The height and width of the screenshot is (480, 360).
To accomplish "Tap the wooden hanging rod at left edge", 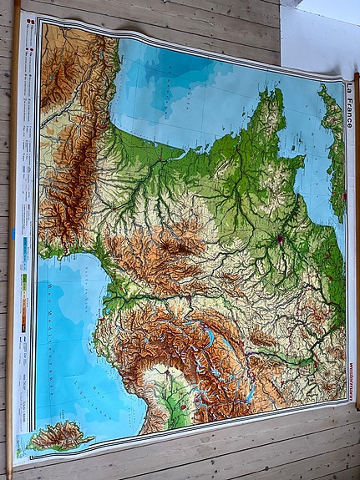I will pyautogui.click(x=12, y=250).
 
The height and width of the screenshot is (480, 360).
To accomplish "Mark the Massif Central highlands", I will pyautogui.click(x=167, y=250).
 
